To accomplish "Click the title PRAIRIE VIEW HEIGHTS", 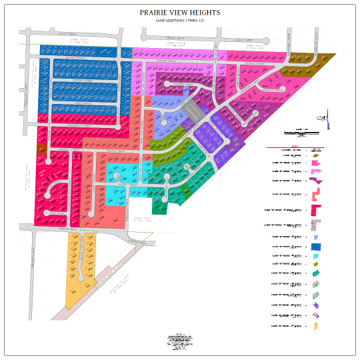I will pos(179,13).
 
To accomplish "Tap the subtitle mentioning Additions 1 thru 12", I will pos(179,21).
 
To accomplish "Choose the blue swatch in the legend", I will pos(315,246).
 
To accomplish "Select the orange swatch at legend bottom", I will pos(315,326).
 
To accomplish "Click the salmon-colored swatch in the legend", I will pos(315,195).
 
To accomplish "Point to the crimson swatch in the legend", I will pos(315,211).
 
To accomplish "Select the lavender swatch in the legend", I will pos(315,237).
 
